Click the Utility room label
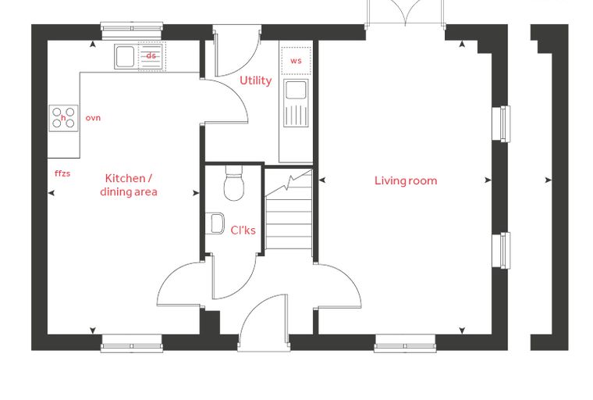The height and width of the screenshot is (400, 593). point(256,80)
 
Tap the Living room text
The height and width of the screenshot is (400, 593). point(406,180)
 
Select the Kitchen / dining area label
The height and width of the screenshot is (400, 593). point(129,185)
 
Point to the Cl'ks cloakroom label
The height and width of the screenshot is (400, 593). point(243,230)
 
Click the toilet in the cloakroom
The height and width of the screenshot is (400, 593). point(234,183)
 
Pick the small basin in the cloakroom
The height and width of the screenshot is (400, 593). point(215,223)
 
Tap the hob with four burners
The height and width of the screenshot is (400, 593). point(63,118)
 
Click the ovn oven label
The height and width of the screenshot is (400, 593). point(93,118)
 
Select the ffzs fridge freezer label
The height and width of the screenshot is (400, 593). point(62,173)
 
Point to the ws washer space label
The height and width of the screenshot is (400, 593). point(296,61)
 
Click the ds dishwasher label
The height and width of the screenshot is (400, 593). point(151,55)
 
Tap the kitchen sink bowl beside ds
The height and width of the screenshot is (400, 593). point(125,57)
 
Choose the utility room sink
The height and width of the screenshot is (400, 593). point(296,103)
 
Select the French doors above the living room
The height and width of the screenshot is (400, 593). point(405,13)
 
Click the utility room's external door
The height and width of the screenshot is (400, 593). point(237,50)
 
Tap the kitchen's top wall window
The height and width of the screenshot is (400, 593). point(132,30)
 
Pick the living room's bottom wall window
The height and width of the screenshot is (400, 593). point(405,343)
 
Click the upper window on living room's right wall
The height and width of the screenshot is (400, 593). point(501,124)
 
